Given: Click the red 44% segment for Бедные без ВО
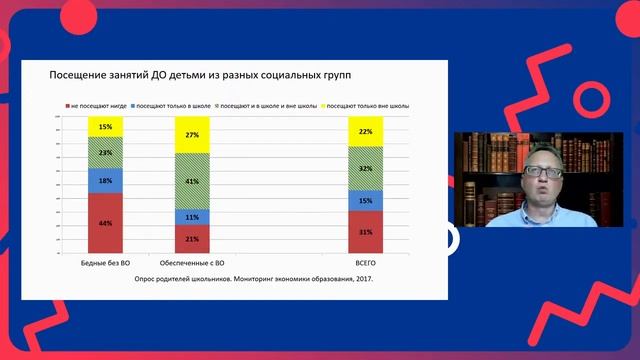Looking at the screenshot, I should (105, 222).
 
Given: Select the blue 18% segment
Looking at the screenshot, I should (105, 180).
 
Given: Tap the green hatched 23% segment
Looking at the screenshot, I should (105, 153).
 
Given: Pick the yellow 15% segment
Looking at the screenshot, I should (105, 127).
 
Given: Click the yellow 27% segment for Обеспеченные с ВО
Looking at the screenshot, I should (192, 134).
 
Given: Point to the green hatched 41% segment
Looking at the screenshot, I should (192, 181).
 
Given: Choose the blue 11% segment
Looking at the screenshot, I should (192, 217).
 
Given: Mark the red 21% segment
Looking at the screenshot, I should (192, 239).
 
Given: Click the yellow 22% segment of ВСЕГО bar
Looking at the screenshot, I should (365, 131).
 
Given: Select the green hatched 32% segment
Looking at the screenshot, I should (365, 168).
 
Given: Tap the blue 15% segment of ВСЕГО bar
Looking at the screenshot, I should (365, 200).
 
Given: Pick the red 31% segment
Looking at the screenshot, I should (365, 232).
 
